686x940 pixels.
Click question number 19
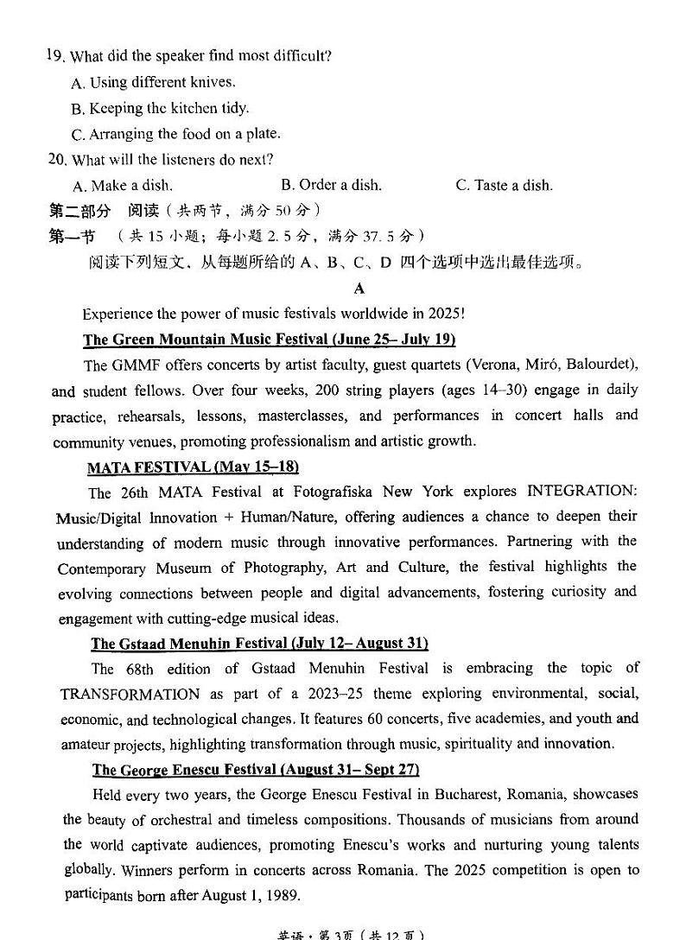point(55,56)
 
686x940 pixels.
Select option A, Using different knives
point(153,83)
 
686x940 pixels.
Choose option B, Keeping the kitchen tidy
point(160,109)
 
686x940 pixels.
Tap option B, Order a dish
point(331,185)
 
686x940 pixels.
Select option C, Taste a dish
point(504,185)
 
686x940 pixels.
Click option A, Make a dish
point(123,186)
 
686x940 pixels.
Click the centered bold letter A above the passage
point(359,289)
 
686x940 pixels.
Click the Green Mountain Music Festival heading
point(269,340)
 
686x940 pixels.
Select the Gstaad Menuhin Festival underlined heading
point(259,644)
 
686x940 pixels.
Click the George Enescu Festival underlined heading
point(255,770)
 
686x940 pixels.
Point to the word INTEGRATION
point(581,492)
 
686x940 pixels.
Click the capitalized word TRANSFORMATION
point(130,695)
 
